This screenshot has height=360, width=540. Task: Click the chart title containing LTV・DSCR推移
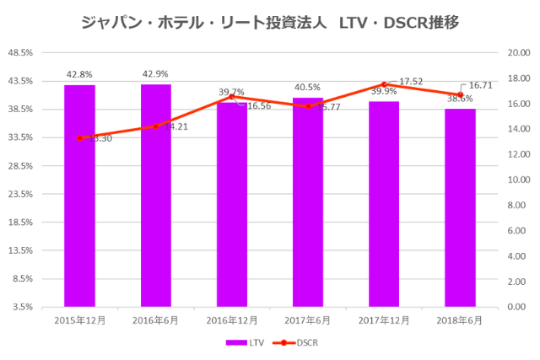pyautogui.click(x=270, y=23)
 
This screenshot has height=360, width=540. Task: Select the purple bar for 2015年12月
pyautogui.click(x=79, y=196)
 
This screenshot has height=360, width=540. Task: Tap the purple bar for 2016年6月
pyautogui.click(x=155, y=196)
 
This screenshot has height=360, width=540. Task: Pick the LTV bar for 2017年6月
pyautogui.click(x=308, y=202)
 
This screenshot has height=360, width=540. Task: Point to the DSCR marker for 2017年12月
pyautogui.click(x=384, y=84)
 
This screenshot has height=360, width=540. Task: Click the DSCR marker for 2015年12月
pyautogui.click(x=79, y=138)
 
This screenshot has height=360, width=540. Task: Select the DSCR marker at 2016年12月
pyautogui.click(x=232, y=97)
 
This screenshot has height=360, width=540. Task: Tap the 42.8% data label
pyautogui.click(x=79, y=75)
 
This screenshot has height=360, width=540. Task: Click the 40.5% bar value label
pyautogui.click(x=308, y=88)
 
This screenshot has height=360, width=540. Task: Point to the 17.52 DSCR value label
pyautogui.click(x=410, y=82)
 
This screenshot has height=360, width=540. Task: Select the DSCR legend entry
pyautogui.click(x=297, y=343)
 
